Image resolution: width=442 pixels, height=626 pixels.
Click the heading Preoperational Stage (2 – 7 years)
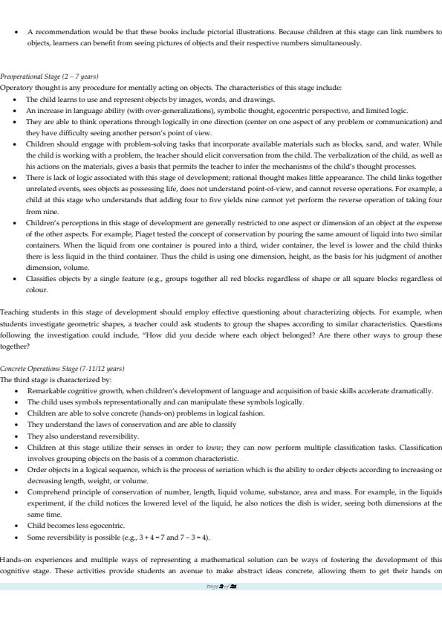tap(50, 77)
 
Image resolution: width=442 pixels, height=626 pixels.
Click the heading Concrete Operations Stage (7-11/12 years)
tap(62, 369)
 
